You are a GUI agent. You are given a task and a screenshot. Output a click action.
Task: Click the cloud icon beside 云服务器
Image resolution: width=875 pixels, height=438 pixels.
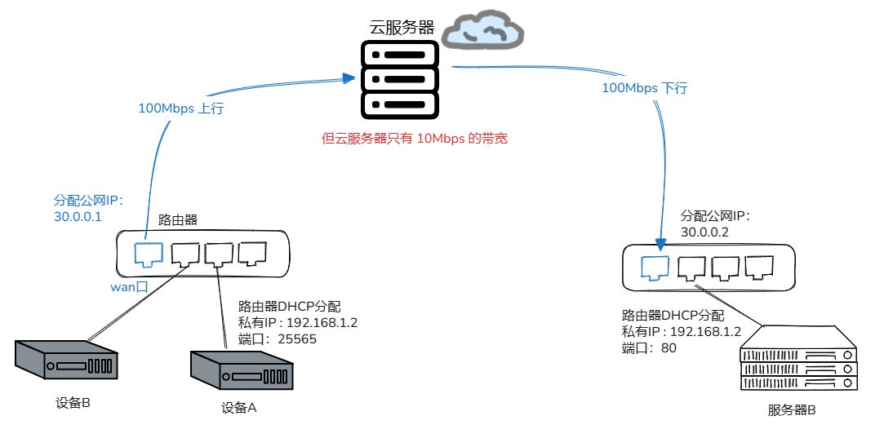482,29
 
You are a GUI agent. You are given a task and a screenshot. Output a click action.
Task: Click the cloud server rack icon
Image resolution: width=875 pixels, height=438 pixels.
400,79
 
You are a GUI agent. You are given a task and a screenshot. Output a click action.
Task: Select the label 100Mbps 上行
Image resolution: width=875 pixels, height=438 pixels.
180,108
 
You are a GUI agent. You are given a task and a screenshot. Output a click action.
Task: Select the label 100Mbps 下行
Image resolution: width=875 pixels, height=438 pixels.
644,88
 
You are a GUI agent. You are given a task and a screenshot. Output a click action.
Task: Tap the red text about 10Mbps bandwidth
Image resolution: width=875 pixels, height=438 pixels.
415,138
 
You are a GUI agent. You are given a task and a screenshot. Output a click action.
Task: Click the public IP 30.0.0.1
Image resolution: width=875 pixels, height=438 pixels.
78,217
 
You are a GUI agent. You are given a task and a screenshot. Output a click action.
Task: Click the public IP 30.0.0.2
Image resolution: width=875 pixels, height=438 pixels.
704,232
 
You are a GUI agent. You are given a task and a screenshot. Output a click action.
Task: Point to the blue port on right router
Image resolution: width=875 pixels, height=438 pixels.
655,268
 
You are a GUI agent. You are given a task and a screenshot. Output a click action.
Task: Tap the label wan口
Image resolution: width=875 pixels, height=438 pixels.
128,286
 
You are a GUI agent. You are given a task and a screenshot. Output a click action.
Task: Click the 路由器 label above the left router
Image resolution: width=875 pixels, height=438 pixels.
178,220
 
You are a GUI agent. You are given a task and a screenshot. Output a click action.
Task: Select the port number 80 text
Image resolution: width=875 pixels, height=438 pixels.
668,348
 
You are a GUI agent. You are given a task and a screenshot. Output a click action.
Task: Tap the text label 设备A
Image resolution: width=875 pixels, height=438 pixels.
239,408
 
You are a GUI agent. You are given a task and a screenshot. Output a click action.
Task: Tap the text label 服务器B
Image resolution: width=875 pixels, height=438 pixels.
792,409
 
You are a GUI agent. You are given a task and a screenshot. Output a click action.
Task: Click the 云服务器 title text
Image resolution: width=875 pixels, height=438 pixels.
402,26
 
